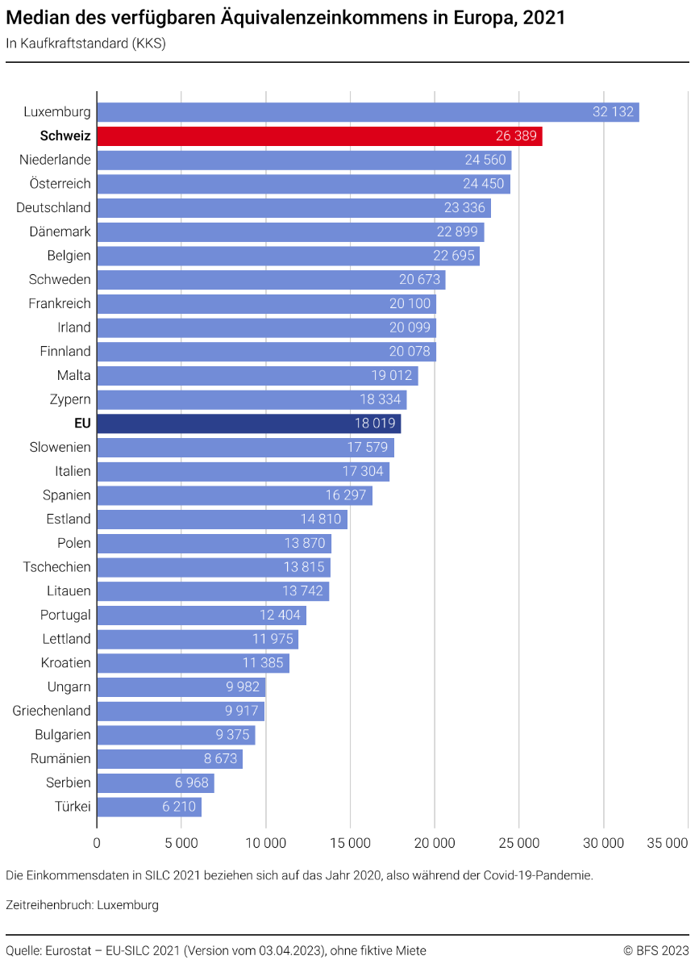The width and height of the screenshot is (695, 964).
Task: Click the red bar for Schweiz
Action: pyautogui.click(x=319, y=136)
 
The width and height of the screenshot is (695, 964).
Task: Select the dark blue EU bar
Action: pyautogui.click(x=248, y=424)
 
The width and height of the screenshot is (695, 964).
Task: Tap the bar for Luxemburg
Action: pyautogui.click(x=368, y=112)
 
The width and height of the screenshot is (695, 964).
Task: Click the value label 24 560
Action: pyautogui.click(x=485, y=160)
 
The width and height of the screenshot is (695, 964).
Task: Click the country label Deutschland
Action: pyautogui.click(x=53, y=208)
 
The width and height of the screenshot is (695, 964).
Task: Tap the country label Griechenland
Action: pyautogui.click(x=52, y=711)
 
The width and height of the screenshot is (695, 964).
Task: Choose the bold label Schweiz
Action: pyautogui.click(x=65, y=136)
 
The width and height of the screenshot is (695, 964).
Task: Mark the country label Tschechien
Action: pyautogui.click(x=57, y=567)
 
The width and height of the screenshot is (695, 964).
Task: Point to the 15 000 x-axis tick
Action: pyautogui.click(x=350, y=843)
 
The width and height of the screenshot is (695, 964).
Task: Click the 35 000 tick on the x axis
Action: pyautogui.click(x=668, y=843)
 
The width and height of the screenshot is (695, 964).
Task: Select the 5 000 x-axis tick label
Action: pyautogui.click(x=181, y=843)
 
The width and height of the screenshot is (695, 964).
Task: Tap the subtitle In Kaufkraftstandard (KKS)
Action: pyautogui.click(x=85, y=44)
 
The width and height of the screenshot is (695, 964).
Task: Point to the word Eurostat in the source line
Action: pyautogui.click(x=73, y=950)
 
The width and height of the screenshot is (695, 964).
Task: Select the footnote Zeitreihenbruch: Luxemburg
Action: pyautogui.click(x=82, y=904)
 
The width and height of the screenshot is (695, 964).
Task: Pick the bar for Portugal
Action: pyautogui.click(x=202, y=616)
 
